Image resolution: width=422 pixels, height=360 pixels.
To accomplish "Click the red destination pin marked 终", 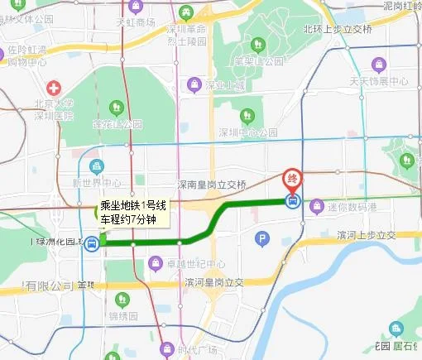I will (x=292, y=178).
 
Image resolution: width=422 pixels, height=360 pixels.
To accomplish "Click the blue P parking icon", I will (x=262, y=240).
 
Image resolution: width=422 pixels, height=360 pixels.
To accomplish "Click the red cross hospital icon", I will (x=54, y=88).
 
